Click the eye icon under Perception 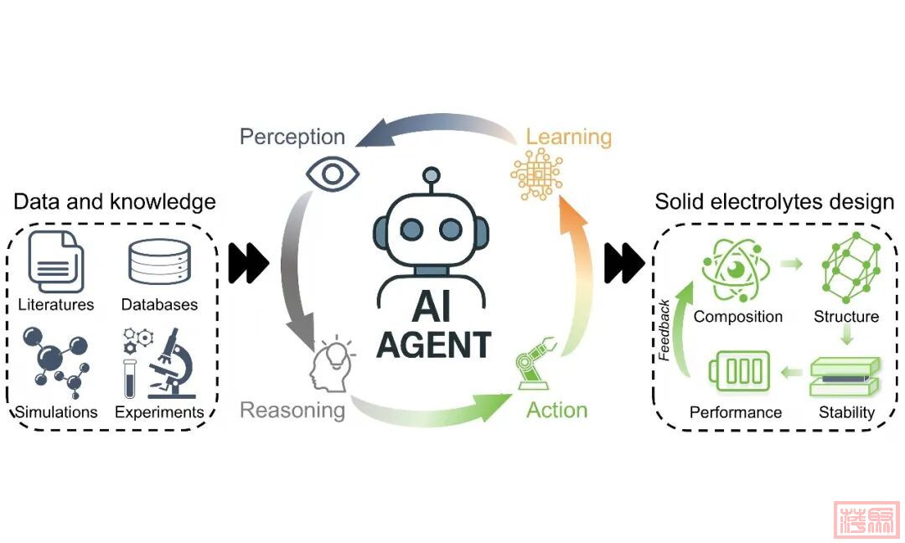(333, 173)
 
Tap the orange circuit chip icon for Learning (536, 173)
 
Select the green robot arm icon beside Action (534, 370)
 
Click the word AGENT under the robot (432, 344)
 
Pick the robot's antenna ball (432, 176)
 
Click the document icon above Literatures (55, 261)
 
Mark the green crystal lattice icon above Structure (848, 268)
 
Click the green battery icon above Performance (739, 371)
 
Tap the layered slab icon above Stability (846, 376)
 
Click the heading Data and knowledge (115, 202)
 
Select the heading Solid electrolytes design (774, 202)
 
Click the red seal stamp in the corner (866, 520)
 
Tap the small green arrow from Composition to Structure (791, 265)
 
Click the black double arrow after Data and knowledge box (249, 264)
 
